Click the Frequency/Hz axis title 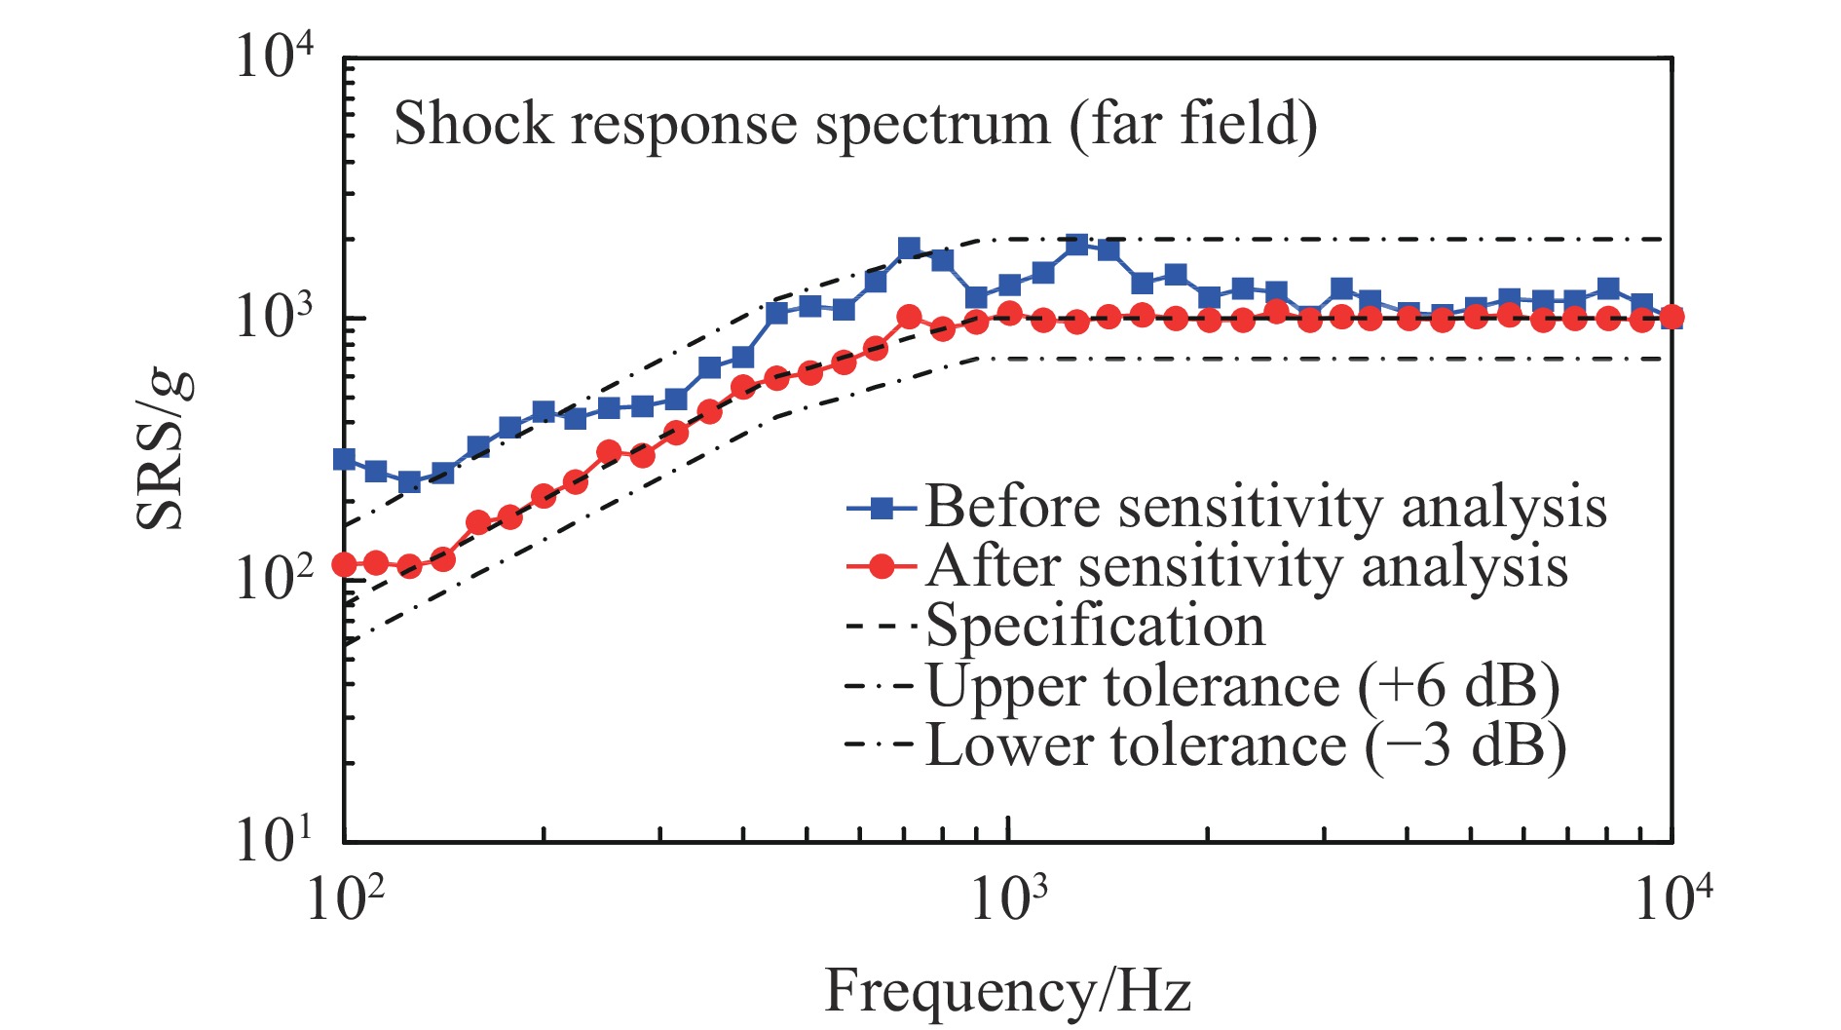click(x=1008, y=992)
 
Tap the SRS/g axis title click(x=163, y=450)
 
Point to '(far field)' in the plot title click(x=1193, y=125)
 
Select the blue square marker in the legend click(x=881, y=507)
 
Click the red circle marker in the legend click(x=881, y=566)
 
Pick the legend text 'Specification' click(x=1095, y=626)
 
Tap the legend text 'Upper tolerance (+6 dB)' click(x=1242, y=686)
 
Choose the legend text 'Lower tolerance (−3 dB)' click(x=1246, y=746)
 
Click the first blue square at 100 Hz click(x=344, y=459)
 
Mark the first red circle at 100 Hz click(x=344, y=564)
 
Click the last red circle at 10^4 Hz click(x=1672, y=317)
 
